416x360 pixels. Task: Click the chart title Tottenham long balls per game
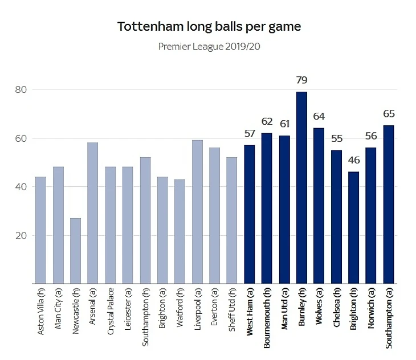209,27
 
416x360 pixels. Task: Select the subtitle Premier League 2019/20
209,46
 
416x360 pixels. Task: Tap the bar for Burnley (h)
301,188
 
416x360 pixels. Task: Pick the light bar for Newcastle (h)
75,251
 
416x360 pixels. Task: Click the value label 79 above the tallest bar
301,80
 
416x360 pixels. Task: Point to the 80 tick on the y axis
22,89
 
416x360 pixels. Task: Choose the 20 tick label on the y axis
22,235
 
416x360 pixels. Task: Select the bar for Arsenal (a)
92,213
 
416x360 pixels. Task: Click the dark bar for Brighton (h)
353,228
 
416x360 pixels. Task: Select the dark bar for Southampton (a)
388,204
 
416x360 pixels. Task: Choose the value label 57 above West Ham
250,134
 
